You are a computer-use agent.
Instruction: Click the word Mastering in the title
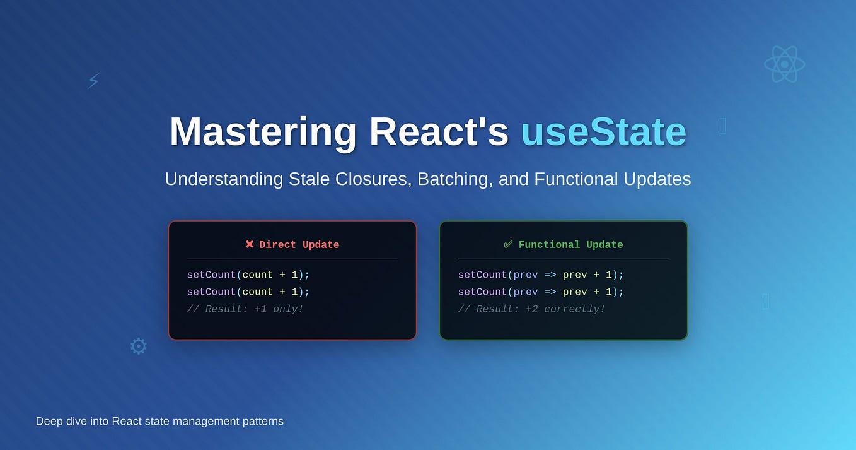click(x=263, y=132)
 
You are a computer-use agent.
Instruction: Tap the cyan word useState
click(x=603, y=132)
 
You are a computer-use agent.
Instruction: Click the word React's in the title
click(x=438, y=132)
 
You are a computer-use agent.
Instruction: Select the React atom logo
click(x=784, y=64)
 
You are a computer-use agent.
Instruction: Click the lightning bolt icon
click(x=93, y=80)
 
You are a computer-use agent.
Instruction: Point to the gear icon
click(x=138, y=346)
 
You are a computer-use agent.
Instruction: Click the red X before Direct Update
click(x=250, y=244)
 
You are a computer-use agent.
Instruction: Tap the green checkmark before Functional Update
click(x=508, y=244)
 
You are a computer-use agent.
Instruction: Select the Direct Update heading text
click(x=299, y=245)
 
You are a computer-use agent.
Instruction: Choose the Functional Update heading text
click(x=570, y=245)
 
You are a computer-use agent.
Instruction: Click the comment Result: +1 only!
click(x=245, y=309)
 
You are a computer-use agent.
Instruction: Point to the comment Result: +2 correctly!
click(x=531, y=309)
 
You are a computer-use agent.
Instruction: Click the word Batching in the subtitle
click(x=454, y=179)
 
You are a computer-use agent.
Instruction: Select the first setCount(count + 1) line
click(x=248, y=275)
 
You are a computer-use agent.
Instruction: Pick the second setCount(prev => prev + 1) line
click(x=540, y=292)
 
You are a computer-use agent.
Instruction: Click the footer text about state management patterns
click(x=159, y=421)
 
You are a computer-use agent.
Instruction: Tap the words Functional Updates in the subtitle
click(x=612, y=179)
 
